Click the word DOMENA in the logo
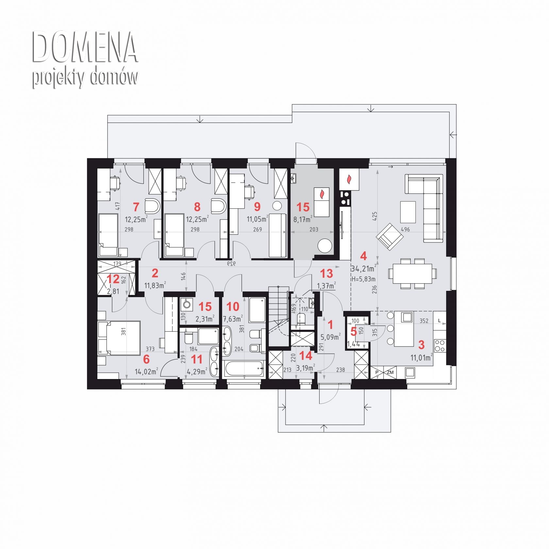85,47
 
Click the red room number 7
136,207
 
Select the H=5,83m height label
363,279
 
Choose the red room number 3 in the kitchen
422,344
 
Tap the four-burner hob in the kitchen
440,345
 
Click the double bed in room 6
119,338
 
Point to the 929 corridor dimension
231,264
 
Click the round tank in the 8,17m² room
325,245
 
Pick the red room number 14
306,356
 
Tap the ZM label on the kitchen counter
390,372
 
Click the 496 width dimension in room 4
405,229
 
